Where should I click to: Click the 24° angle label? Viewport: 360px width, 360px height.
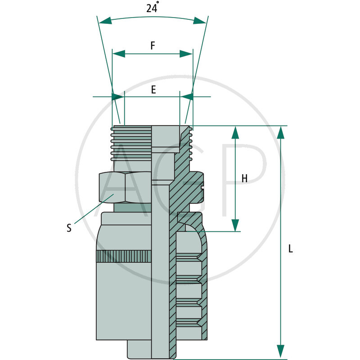(152, 8)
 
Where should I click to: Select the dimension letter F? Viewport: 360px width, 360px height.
(153, 45)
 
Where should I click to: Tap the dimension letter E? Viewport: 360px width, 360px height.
(153, 90)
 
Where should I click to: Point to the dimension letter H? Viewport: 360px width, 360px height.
(244, 179)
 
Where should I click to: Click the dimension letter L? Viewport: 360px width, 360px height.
(291, 248)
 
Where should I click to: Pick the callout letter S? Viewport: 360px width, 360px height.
(69, 228)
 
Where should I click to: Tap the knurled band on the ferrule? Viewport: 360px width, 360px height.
(124, 256)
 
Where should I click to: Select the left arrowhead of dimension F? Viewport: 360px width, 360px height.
(118, 54)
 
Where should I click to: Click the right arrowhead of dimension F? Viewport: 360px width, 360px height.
(186, 54)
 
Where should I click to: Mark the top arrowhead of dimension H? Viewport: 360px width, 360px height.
(235, 132)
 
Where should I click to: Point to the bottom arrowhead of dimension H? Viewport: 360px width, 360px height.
(235, 225)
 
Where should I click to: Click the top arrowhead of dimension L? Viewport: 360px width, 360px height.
(281, 132)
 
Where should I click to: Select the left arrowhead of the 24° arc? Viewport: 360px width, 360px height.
(105, 21)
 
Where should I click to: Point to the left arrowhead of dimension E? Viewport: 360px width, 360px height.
(118, 97)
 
